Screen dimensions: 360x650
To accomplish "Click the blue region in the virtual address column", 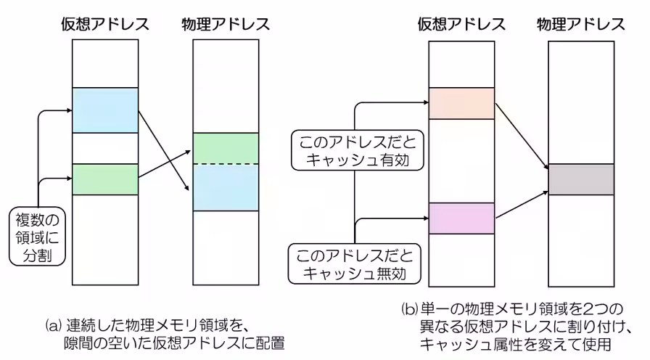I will (x=105, y=110).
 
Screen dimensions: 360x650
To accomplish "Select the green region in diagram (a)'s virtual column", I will (x=105, y=179).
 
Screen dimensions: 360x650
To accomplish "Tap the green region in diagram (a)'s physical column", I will (x=226, y=148).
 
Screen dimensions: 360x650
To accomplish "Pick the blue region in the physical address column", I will (x=226, y=187).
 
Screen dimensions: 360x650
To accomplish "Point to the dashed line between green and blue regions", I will (x=226, y=165).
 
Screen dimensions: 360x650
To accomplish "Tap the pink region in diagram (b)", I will (x=461, y=218).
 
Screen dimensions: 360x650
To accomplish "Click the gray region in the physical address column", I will (x=581, y=179).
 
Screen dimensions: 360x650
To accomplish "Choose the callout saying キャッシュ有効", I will (x=353, y=150).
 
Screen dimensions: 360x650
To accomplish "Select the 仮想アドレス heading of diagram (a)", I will (x=105, y=24).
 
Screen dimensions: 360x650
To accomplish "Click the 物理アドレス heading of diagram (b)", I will (x=581, y=24).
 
